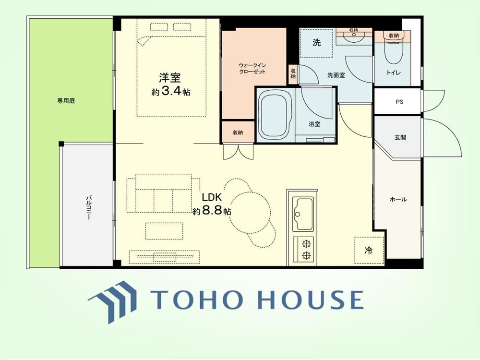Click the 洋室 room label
point(169,78)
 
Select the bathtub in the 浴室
point(274,115)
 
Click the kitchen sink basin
point(303,214)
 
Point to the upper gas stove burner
point(305,244)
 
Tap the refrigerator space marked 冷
point(369,251)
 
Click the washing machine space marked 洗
point(316,43)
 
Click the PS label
point(399,102)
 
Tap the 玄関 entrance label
point(400,137)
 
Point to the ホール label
point(398,200)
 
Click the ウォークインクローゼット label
point(252,69)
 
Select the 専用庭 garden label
point(66,101)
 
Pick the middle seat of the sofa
point(163,200)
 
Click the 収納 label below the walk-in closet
point(238,132)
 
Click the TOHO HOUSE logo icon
point(112,301)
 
